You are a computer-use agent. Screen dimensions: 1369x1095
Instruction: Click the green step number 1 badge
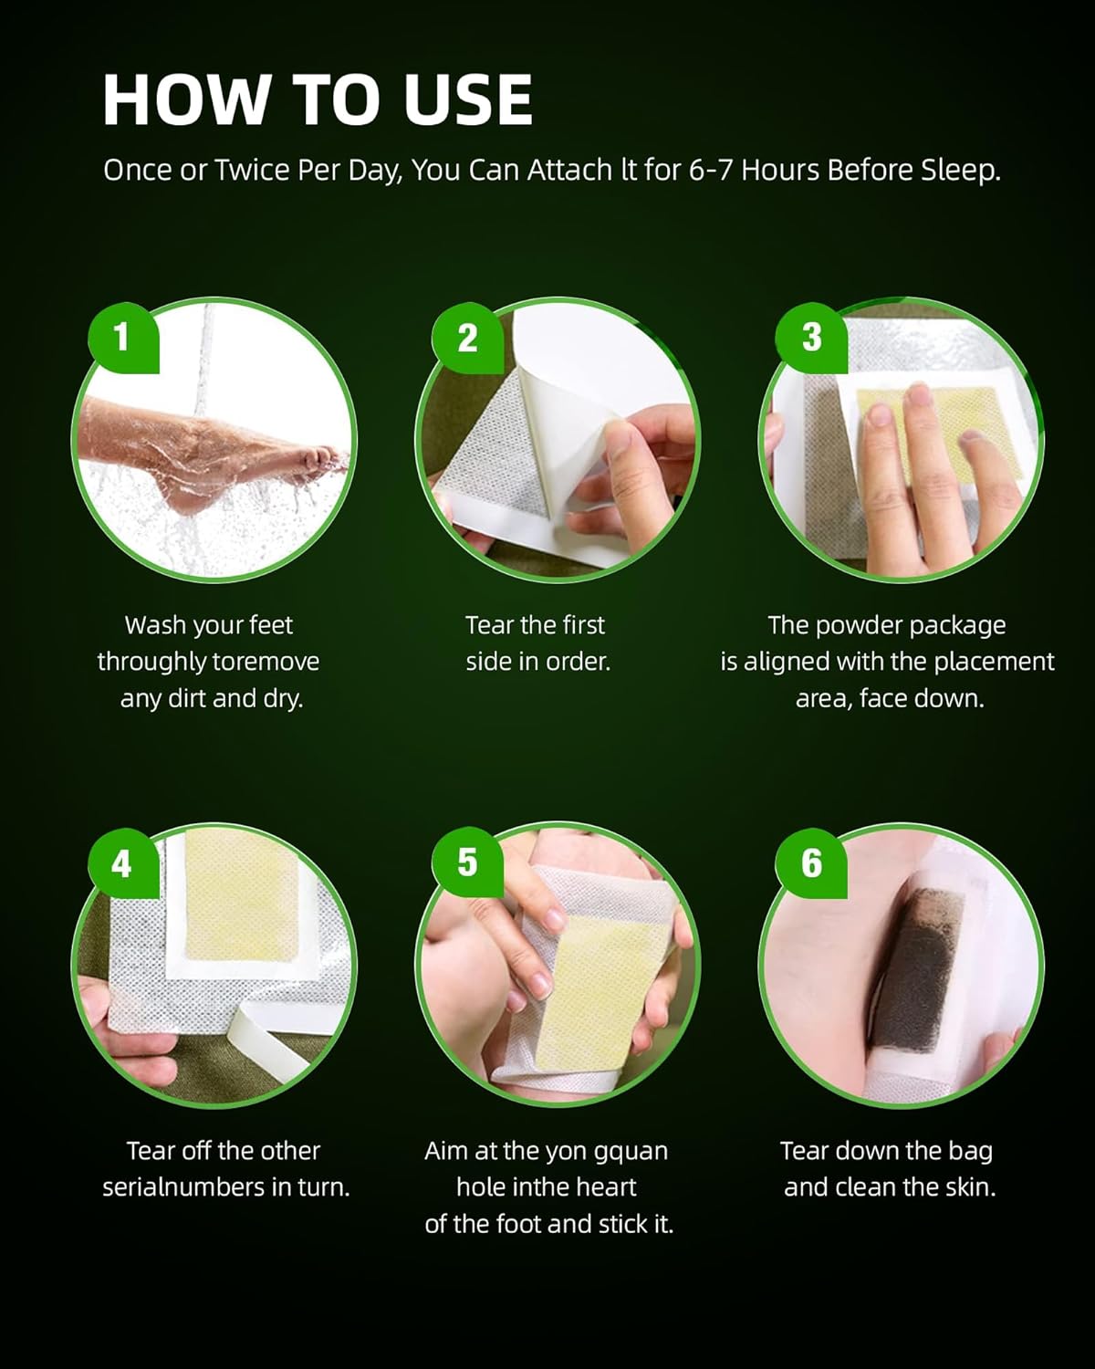(x=122, y=337)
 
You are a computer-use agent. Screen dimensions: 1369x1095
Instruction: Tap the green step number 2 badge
(x=467, y=337)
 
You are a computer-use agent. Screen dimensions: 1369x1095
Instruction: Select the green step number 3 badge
(x=811, y=337)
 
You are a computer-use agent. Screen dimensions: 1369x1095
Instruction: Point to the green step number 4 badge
(x=122, y=862)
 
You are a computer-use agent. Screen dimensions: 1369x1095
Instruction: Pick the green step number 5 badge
(x=467, y=862)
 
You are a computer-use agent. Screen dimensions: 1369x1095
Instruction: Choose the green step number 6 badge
(x=811, y=862)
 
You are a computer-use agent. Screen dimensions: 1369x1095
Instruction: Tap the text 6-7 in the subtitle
(x=711, y=171)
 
